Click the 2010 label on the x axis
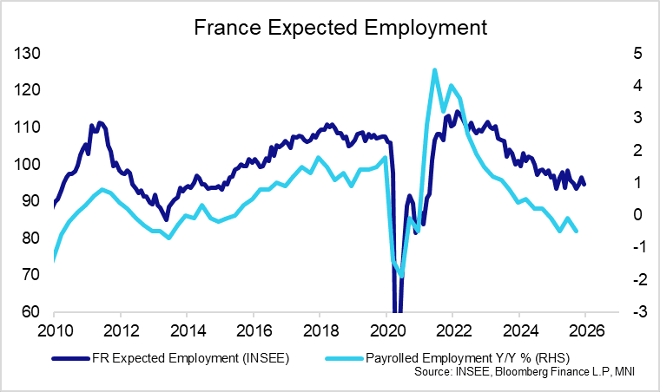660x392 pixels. pyautogui.click(x=54, y=330)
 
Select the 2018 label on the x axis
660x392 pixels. pyautogui.click(x=319, y=330)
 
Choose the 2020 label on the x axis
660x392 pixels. pyautogui.click(x=386, y=330)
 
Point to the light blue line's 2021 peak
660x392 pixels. pyautogui.click(x=434, y=70)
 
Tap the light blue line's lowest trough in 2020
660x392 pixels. pyautogui.click(x=401, y=277)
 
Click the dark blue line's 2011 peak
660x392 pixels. pyautogui.click(x=100, y=123)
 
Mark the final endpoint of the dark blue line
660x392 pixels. pyautogui.click(x=584, y=184)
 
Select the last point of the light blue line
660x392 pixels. pyautogui.click(x=577, y=231)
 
